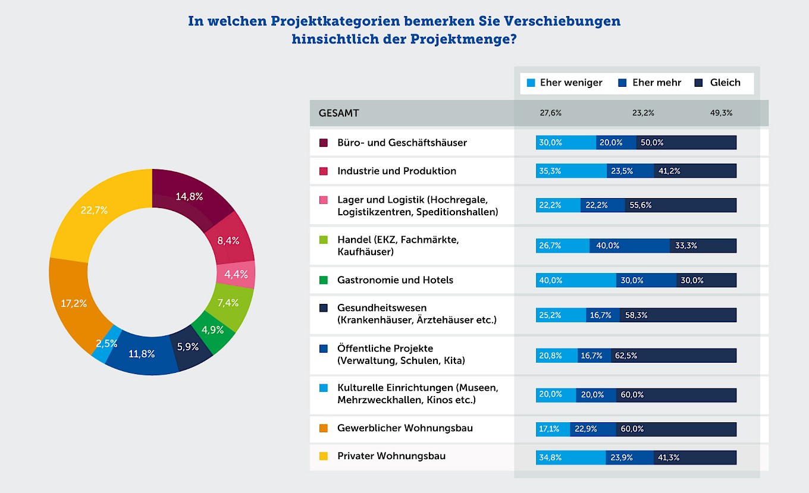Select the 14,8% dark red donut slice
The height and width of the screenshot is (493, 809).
(x=193, y=197)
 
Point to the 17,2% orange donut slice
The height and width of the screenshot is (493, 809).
(x=74, y=303)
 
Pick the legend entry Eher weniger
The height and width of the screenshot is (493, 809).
(x=565, y=83)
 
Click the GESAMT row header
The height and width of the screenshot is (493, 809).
(x=339, y=113)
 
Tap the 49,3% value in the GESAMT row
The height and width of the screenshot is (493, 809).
(x=721, y=113)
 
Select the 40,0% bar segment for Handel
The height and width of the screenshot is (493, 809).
(x=629, y=246)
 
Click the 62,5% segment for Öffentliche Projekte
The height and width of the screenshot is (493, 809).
(x=673, y=356)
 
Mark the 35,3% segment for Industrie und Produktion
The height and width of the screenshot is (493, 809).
(x=571, y=171)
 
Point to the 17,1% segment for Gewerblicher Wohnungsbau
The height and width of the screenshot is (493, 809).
(x=553, y=429)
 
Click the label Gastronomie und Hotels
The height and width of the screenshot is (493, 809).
(x=395, y=280)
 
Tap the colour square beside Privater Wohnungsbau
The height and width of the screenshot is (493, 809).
(x=324, y=457)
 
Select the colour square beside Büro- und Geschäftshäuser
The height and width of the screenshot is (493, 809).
(x=324, y=143)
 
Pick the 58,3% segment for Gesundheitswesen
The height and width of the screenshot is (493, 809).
(x=678, y=315)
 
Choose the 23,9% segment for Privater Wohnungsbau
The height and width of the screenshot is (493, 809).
(x=630, y=457)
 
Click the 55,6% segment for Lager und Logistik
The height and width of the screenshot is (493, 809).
(x=681, y=205)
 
